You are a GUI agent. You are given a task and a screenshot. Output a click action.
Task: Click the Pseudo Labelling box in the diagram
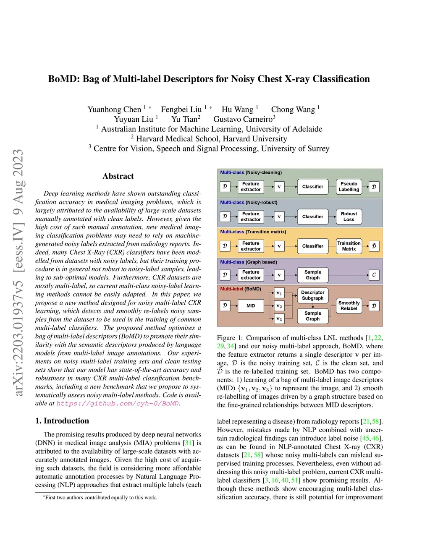(x=349, y=187)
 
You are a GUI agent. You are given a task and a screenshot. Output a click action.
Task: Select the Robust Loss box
(x=349, y=217)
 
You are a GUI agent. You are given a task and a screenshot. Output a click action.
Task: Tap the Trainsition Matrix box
(x=349, y=246)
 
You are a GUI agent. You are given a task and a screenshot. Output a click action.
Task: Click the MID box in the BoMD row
(x=251, y=306)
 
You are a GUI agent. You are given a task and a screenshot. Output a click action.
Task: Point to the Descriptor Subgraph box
(x=313, y=295)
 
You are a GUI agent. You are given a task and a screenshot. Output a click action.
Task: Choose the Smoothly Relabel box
(x=349, y=306)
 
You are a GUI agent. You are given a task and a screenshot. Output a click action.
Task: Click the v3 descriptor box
(x=279, y=319)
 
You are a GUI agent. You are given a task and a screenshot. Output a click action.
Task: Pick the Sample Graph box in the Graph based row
(x=313, y=275)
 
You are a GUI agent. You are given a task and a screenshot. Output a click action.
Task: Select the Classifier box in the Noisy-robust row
(x=313, y=217)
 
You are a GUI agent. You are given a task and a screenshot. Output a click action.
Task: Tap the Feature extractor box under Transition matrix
(x=251, y=246)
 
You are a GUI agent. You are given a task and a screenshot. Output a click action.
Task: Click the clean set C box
(x=374, y=275)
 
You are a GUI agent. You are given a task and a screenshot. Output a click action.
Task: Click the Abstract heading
(x=118, y=176)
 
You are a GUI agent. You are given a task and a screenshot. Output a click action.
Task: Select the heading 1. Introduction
(x=62, y=421)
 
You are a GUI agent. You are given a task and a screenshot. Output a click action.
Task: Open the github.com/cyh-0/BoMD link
(x=118, y=404)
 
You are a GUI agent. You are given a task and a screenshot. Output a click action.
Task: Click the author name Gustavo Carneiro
(x=243, y=119)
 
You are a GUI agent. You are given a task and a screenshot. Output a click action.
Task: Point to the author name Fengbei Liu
(x=181, y=110)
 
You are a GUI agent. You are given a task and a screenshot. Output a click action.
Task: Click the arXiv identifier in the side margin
(x=18, y=273)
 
